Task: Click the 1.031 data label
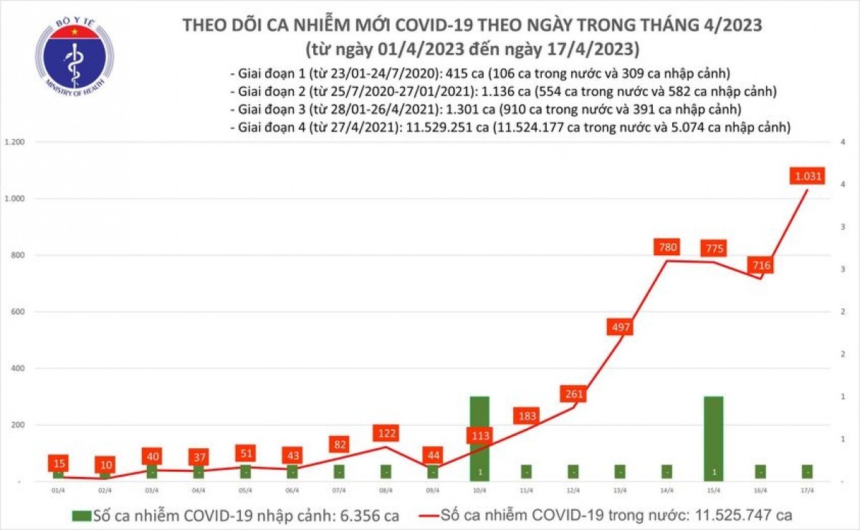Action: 808,175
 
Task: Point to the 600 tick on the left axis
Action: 16,312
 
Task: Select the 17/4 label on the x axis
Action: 807,491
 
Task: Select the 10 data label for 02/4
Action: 105,465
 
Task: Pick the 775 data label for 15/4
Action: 713,249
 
